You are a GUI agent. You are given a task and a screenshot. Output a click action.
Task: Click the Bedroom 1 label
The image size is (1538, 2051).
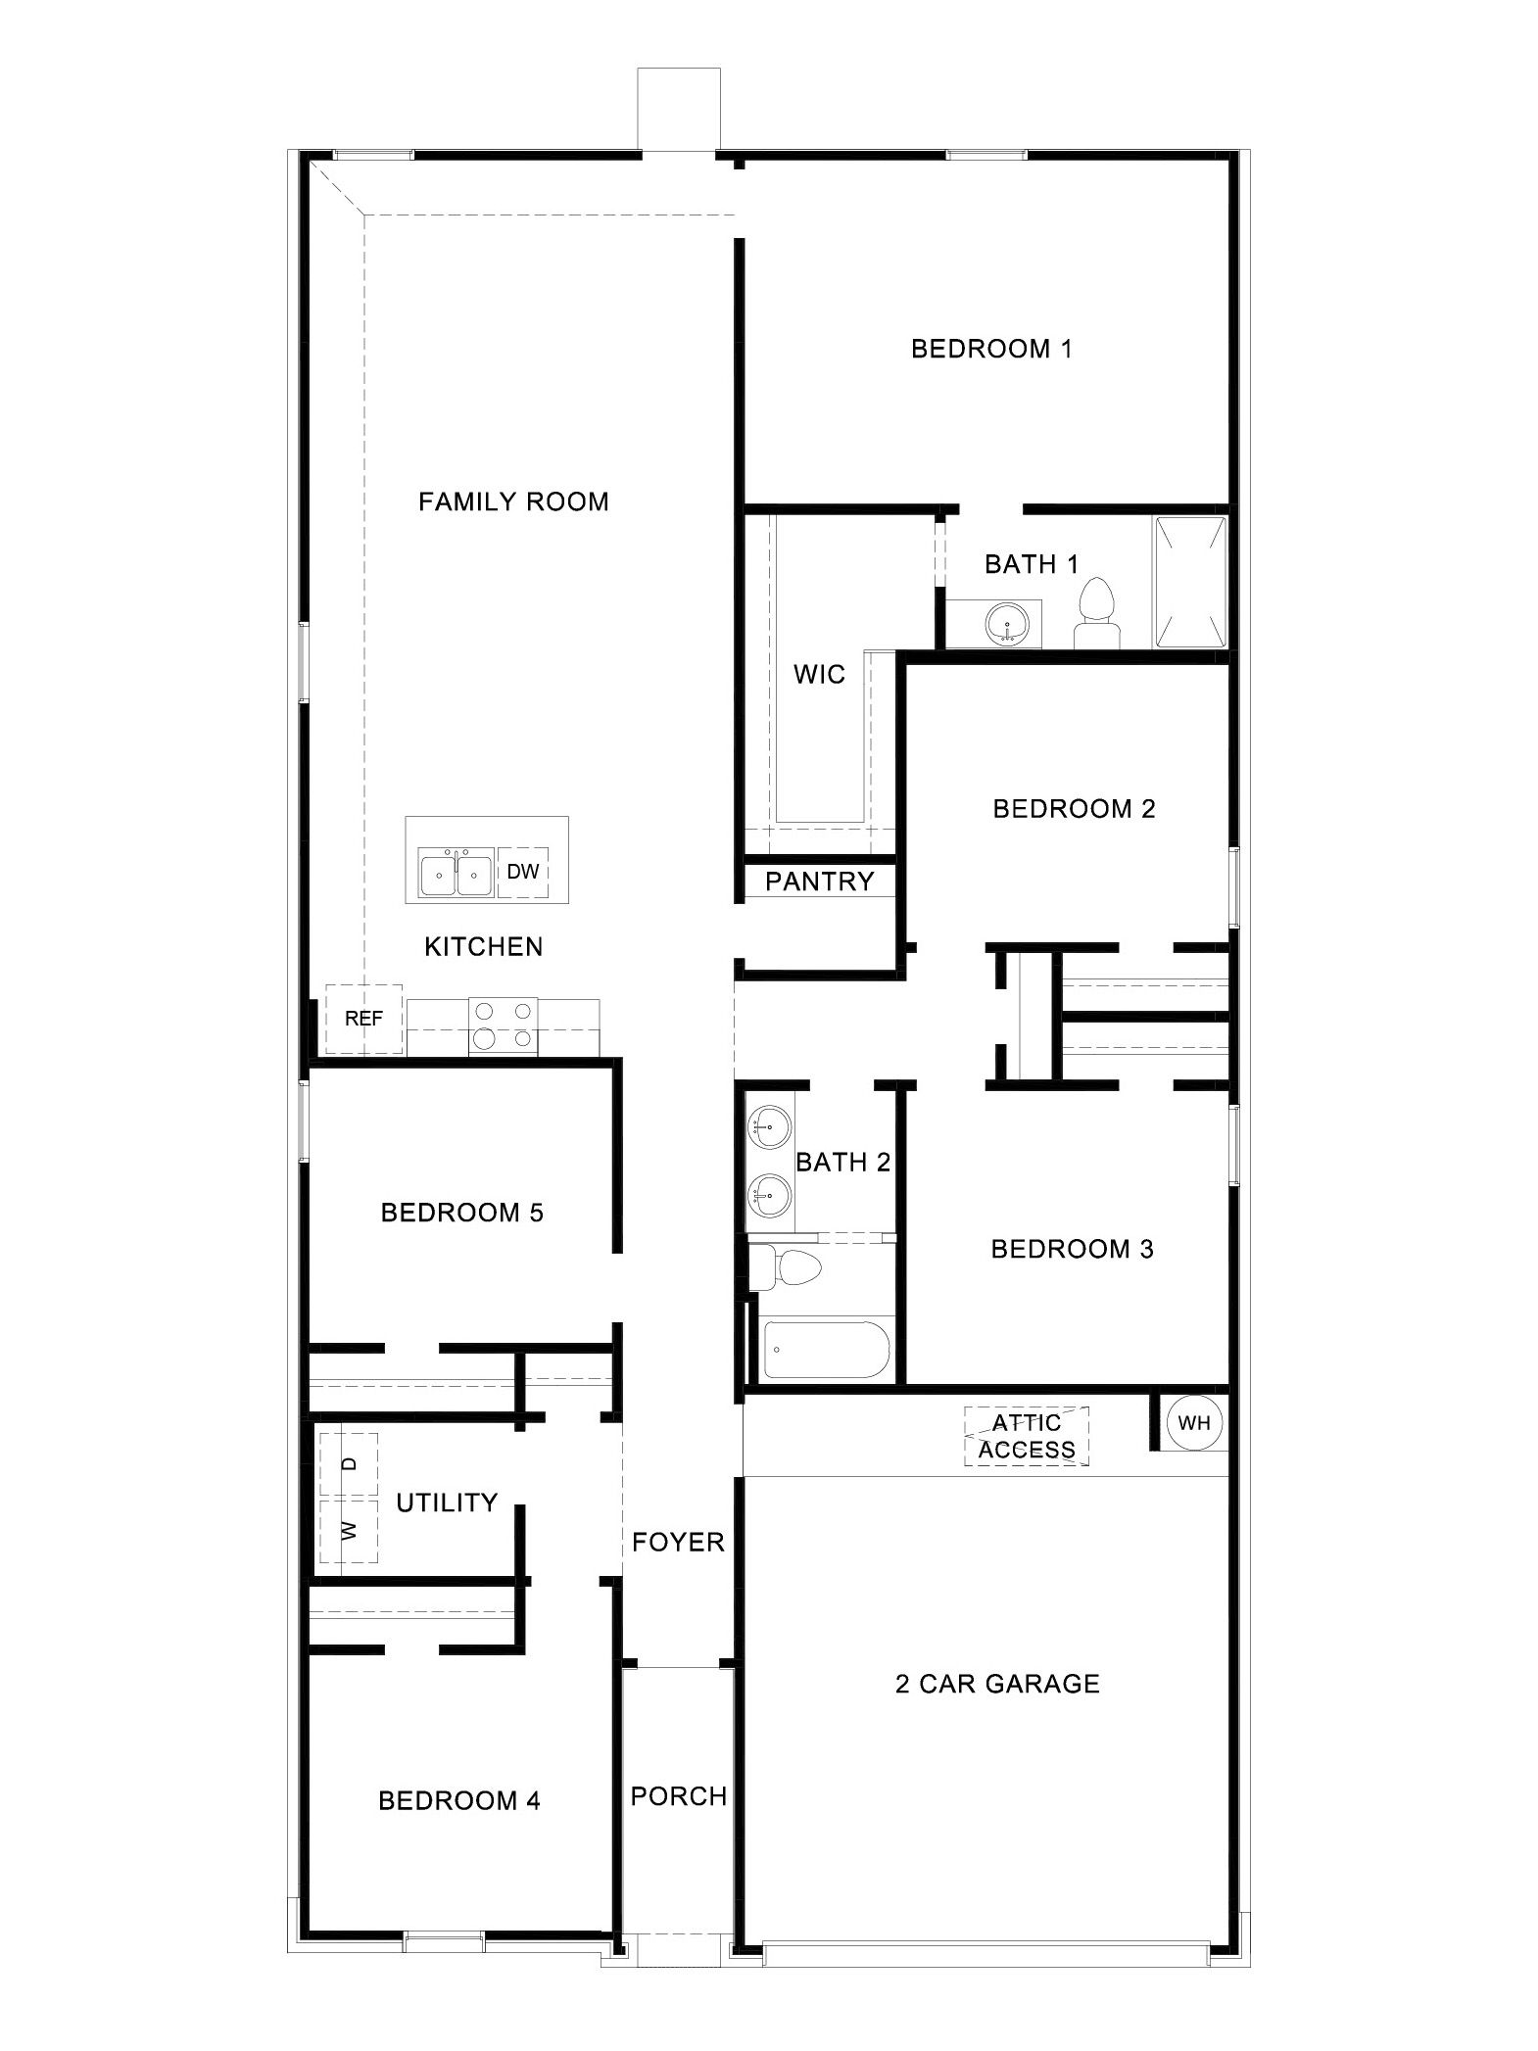click(991, 349)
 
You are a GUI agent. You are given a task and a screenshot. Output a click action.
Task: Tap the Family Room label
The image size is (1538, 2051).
click(513, 502)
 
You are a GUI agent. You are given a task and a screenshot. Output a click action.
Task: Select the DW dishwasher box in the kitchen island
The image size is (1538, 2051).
click(523, 871)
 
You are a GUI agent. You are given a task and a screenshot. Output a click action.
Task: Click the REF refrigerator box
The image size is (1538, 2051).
click(363, 1019)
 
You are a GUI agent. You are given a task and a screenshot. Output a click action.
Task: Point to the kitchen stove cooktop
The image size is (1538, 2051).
click(504, 1025)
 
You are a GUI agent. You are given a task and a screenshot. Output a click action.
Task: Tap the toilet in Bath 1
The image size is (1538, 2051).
click(1096, 613)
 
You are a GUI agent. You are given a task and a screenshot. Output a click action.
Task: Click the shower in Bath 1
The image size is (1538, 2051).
click(1190, 582)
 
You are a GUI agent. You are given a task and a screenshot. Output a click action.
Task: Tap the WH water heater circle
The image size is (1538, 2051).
click(1194, 1423)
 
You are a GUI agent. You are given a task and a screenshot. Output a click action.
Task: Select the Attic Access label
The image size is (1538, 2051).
click(1027, 1436)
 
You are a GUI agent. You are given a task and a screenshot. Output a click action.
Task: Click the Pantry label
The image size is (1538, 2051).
click(819, 882)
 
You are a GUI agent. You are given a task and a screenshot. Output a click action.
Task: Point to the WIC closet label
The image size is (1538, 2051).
click(819, 674)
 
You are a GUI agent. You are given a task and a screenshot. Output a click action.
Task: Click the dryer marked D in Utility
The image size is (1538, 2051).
click(349, 1464)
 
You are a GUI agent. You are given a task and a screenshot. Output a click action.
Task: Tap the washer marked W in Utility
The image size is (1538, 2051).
click(349, 1529)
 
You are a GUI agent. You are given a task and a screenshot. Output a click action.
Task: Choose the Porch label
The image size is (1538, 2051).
click(679, 1796)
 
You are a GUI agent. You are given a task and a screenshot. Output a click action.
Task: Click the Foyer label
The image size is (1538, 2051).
click(678, 1542)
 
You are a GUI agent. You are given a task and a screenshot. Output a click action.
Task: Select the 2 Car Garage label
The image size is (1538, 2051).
click(997, 1684)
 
